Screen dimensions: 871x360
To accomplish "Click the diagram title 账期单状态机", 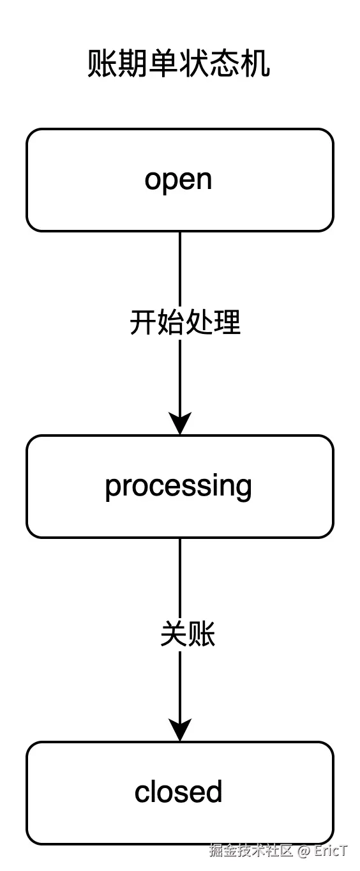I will (x=179, y=64).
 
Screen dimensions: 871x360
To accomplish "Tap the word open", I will (x=178, y=180).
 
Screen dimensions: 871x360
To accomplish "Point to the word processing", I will (x=178, y=487).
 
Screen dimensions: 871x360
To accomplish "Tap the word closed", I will (x=178, y=792).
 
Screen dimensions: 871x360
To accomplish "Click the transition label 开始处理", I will (x=185, y=322).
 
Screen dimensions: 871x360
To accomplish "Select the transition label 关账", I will (x=188, y=635).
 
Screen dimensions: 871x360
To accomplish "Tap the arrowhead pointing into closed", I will (x=180, y=731).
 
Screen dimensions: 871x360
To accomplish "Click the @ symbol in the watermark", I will (x=303, y=851).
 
